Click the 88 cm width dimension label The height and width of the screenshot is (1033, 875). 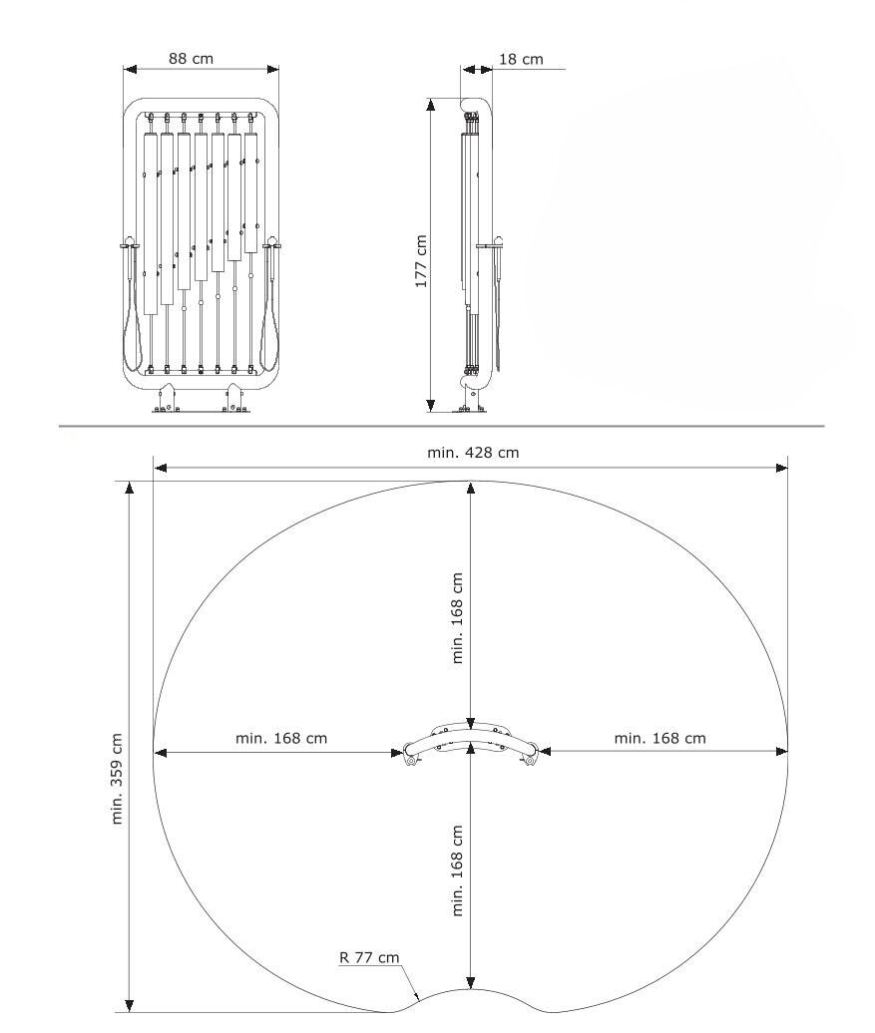[191, 58]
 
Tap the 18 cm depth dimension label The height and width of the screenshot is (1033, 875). [521, 59]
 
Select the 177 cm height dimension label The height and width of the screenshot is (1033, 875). [421, 261]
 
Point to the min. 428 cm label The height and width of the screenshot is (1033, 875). [473, 453]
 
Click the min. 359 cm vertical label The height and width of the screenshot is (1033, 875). [118, 778]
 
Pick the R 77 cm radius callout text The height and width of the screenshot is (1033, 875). [369, 957]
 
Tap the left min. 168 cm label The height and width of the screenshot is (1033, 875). [281, 738]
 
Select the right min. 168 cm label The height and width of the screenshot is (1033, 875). [659, 738]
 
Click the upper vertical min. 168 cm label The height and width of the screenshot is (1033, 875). [458, 617]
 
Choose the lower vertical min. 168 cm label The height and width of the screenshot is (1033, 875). [458, 870]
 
